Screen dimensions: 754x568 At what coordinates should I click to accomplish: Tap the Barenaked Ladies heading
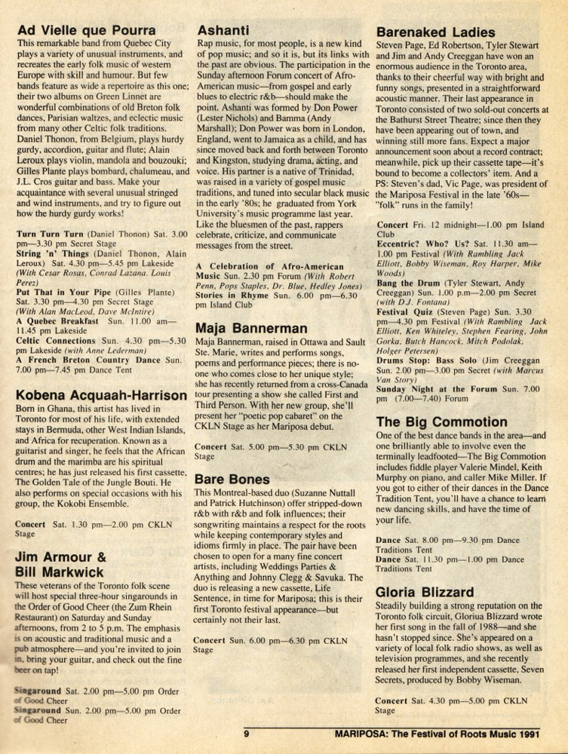coord(435,32)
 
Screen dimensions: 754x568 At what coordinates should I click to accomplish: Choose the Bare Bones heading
coord(232,479)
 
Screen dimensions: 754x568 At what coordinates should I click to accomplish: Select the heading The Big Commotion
coord(441,421)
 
